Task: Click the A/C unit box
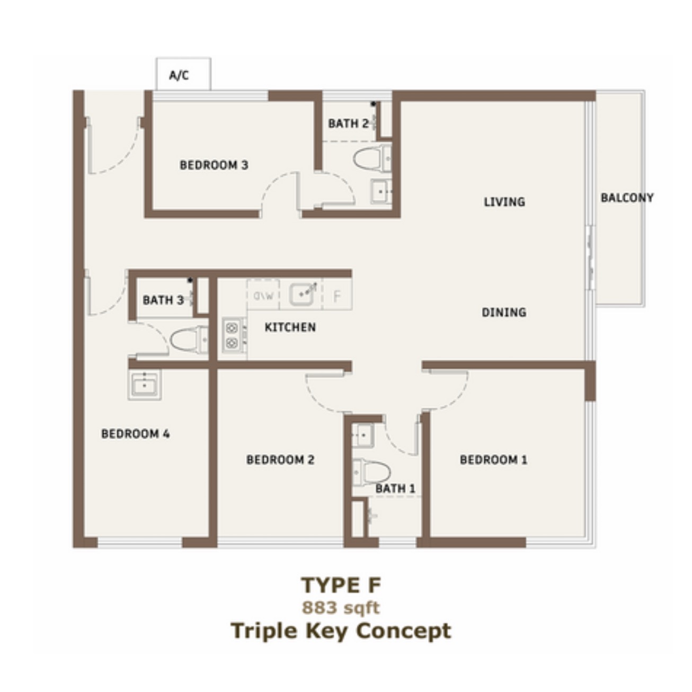point(183,74)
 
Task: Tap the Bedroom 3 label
point(214,165)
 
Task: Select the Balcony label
point(627,198)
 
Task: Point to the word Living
point(504,202)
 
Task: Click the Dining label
point(504,313)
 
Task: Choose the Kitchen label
point(290,327)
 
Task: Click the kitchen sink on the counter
point(301,295)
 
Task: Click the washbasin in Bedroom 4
point(144,385)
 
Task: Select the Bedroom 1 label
point(494,460)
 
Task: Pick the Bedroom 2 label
point(280,460)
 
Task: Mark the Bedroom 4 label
point(136,434)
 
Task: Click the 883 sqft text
point(341,608)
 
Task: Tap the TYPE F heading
point(341,585)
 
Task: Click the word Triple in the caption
point(264,632)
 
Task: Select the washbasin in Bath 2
point(380,191)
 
